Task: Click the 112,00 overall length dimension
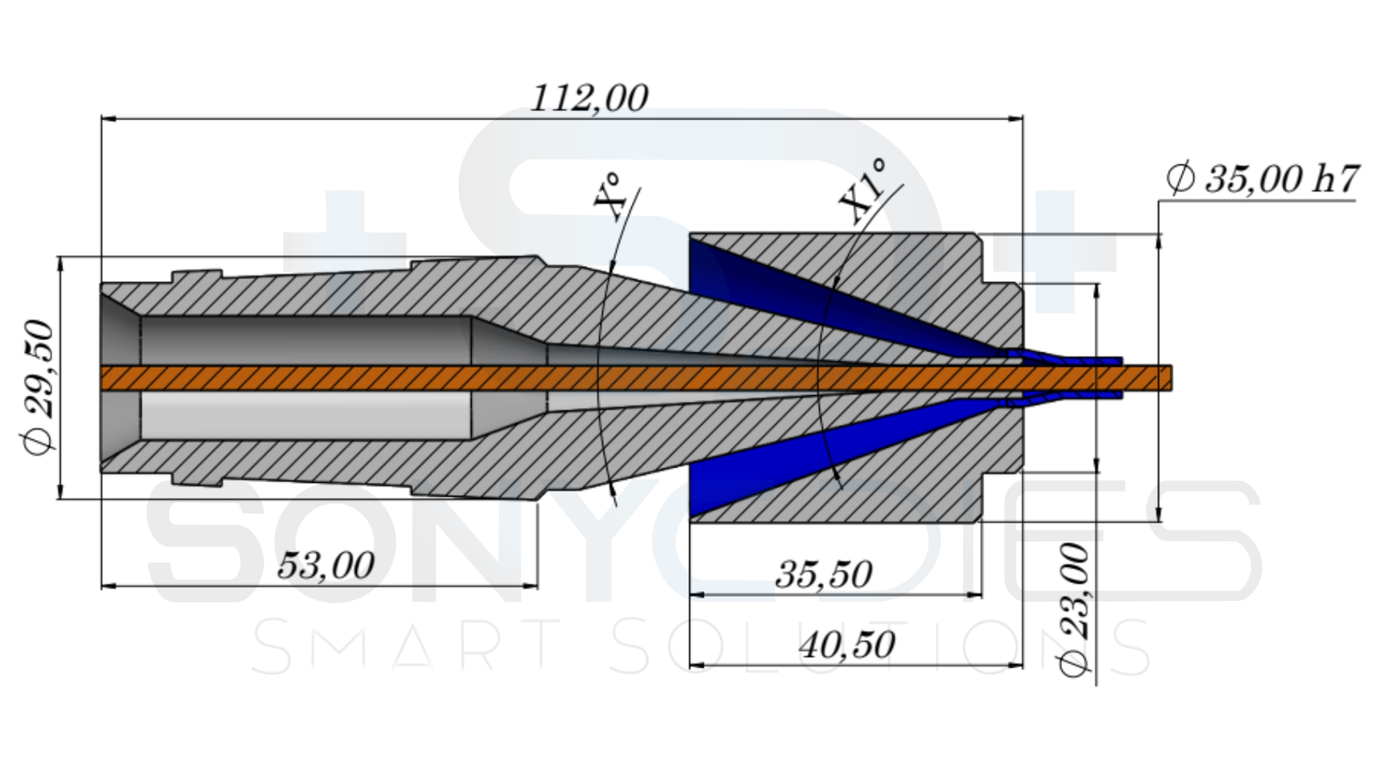pyautogui.click(x=589, y=97)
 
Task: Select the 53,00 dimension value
pyautogui.click(x=326, y=566)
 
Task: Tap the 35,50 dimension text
pyautogui.click(x=824, y=575)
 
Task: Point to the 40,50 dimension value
pyautogui.click(x=847, y=646)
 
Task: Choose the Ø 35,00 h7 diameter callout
pyautogui.click(x=1262, y=179)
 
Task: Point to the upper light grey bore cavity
pyautogui.click(x=305, y=339)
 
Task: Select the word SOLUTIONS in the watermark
pyautogui.click(x=879, y=647)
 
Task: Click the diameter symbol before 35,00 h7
pyautogui.click(x=1180, y=179)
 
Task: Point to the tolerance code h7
pyautogui.click(x=1335, y=178)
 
